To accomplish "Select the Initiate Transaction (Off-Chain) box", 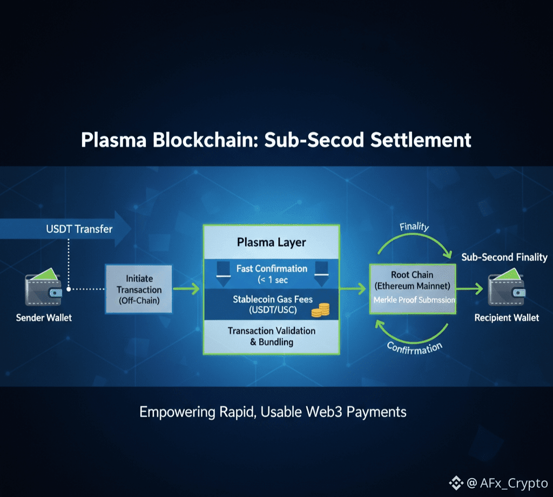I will tap(139, 290).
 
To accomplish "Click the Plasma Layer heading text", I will tap(271, 243).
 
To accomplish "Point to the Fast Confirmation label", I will tap(272, 268).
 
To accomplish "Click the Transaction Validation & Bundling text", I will tap(271, 336).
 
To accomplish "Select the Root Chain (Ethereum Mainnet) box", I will tap(412, 288).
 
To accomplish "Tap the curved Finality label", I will tap(414, 227).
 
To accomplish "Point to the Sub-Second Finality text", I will tap(504, 257).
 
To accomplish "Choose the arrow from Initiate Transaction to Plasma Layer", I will tap(187, 290).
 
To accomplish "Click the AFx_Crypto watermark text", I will tap(514, 483).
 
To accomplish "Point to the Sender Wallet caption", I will tap(44, 318).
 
